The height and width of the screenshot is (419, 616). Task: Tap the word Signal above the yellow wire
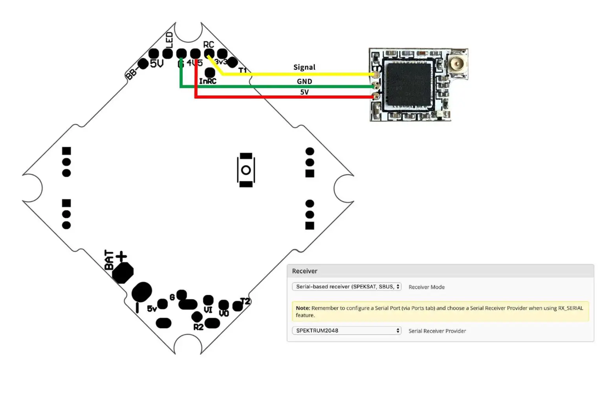(x=304, y=67)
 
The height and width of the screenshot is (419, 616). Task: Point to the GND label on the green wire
(x=304, y=81)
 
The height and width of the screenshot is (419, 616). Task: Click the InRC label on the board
(x=207, y=81)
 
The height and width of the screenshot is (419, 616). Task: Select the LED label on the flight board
(x=169, y=40)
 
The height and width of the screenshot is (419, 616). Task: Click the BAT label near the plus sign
(x=109, y=260)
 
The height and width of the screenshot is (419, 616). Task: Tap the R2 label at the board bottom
(x=198, y=327)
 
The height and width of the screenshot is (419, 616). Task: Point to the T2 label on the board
(x=245, y=301)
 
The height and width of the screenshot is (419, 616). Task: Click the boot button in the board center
(x=246, y=170)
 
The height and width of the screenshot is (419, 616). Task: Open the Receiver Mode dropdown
(x=346, y=287)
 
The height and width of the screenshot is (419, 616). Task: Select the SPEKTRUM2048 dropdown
(x=346, y=331)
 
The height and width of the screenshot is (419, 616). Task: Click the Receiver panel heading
(x=304, y=271)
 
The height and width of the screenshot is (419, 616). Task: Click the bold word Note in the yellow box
(x=302, y=308)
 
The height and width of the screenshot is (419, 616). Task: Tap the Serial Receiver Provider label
(x=437, y=331)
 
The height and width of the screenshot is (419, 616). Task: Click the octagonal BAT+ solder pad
(x=123, y=272)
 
